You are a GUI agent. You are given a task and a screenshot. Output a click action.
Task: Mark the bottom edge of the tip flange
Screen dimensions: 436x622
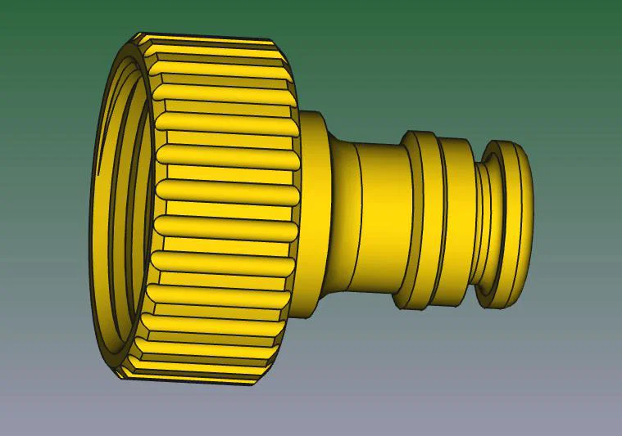pyautogui.click(x=502, y=307)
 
